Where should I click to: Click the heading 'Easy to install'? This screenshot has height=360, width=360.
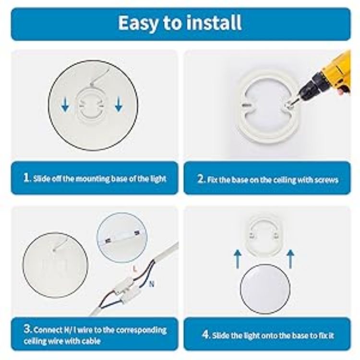click(x=180, y=23)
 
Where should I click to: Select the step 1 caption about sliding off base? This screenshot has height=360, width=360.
click(x=95, y=179)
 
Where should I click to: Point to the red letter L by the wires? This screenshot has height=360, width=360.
click(x=135, y=270)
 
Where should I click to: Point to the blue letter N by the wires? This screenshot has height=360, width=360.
click(x=152, y=284)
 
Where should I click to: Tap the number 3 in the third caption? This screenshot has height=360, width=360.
click(x=27, y=330)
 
